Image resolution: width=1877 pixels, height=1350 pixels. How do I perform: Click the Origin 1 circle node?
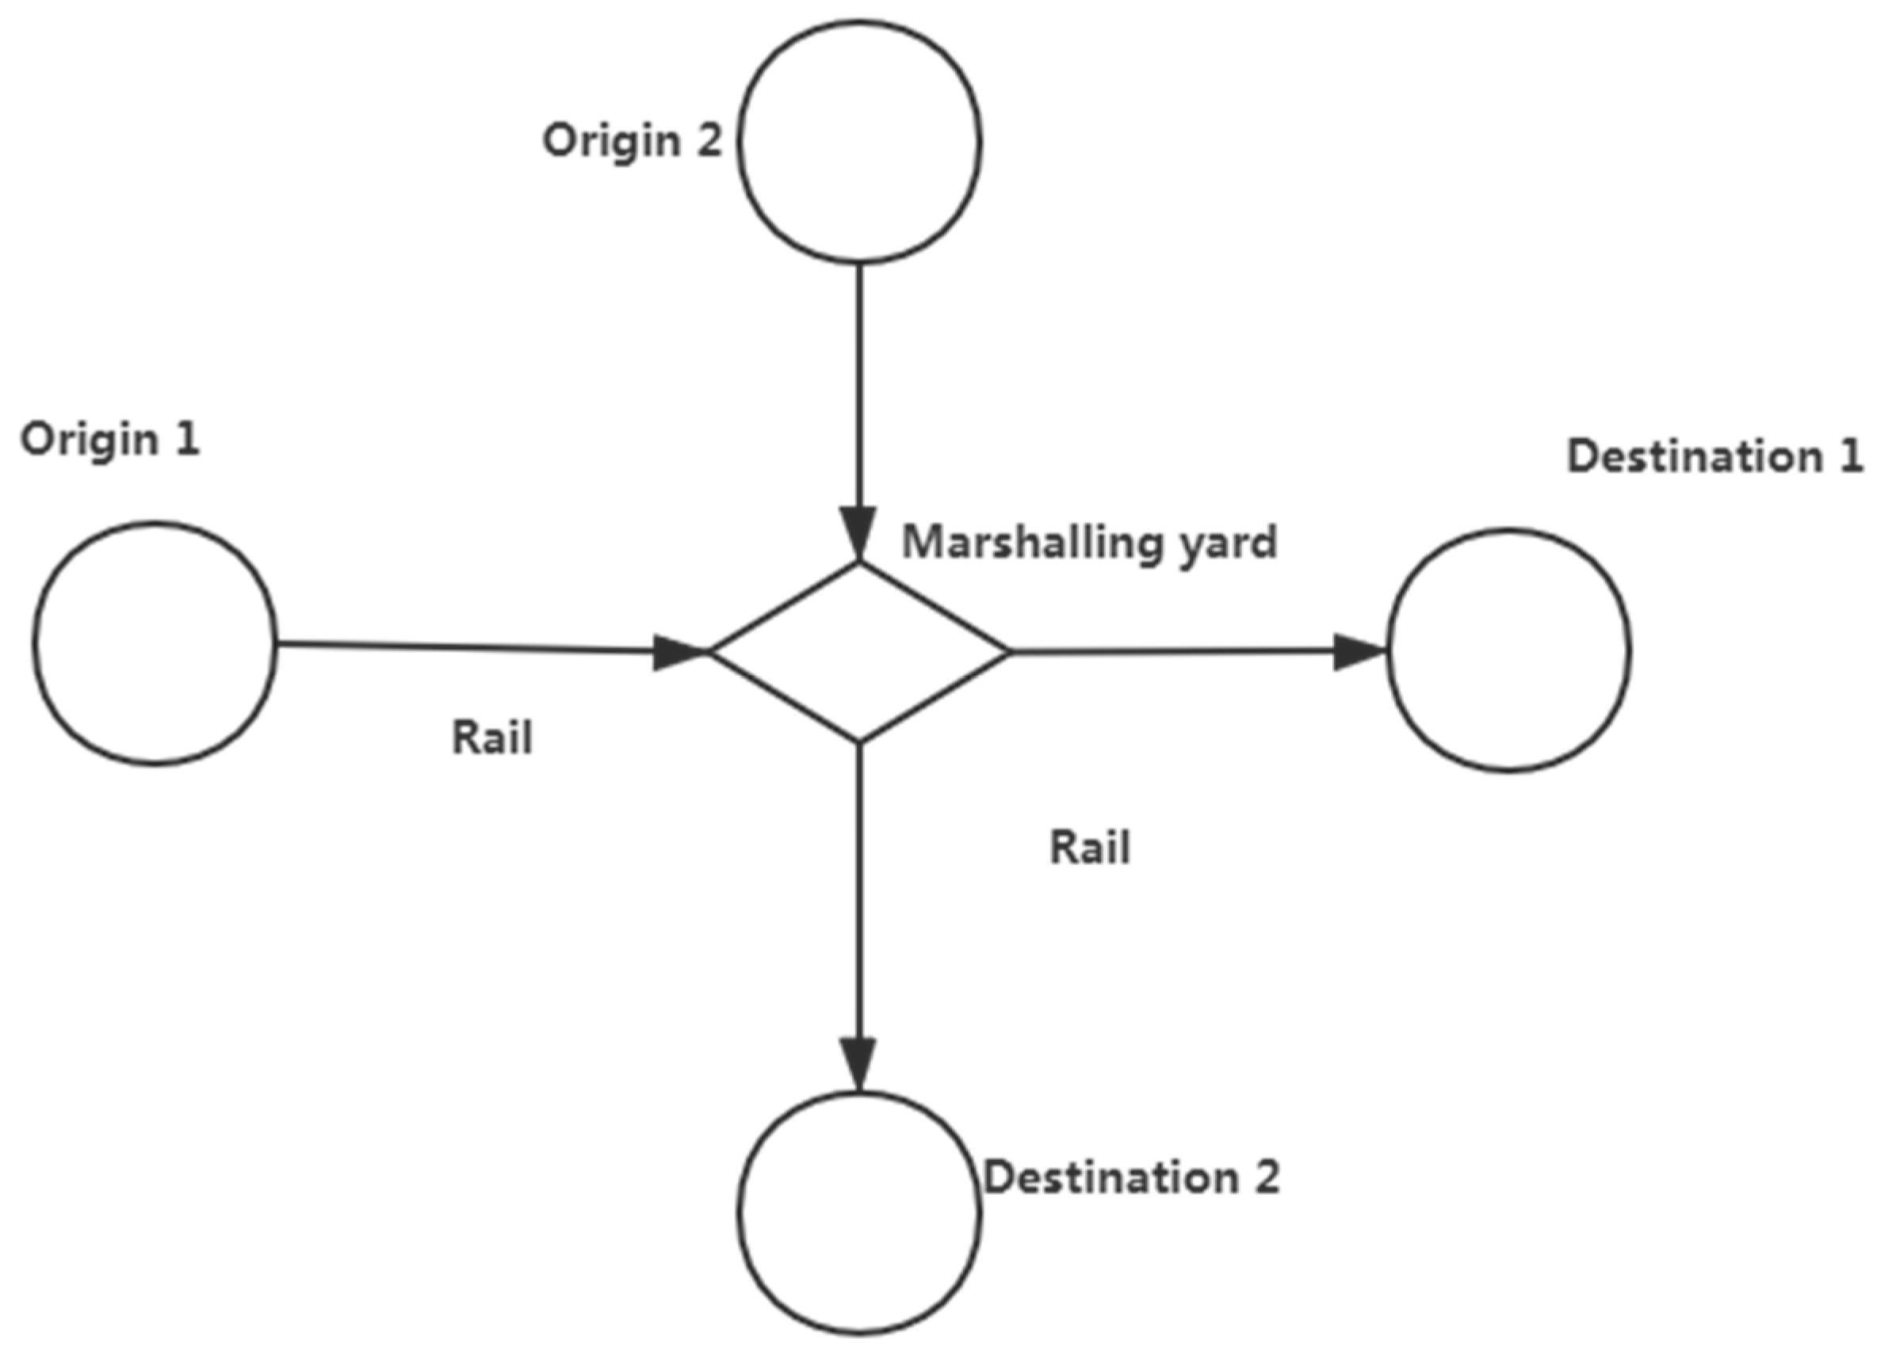155,643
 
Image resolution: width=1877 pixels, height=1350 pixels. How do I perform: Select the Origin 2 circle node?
860,143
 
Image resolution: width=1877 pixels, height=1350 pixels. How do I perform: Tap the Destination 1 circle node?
1508,650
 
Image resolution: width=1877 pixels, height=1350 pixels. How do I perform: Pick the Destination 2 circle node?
860,1214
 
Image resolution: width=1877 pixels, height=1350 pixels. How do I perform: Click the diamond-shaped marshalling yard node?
860,652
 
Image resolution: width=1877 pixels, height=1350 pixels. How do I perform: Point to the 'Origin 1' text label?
110,440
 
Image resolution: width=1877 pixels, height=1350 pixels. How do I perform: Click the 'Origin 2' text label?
633,141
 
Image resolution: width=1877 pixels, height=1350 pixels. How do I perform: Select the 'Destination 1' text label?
1715,456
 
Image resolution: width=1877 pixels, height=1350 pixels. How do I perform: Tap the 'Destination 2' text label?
1131,1178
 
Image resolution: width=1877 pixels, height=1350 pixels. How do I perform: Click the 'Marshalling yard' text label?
1089,543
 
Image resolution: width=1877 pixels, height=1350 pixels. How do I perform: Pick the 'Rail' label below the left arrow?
491,738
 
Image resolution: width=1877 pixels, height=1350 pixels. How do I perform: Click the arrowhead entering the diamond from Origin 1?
680,652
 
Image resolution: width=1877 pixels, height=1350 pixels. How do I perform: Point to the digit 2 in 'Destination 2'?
1266,1178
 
